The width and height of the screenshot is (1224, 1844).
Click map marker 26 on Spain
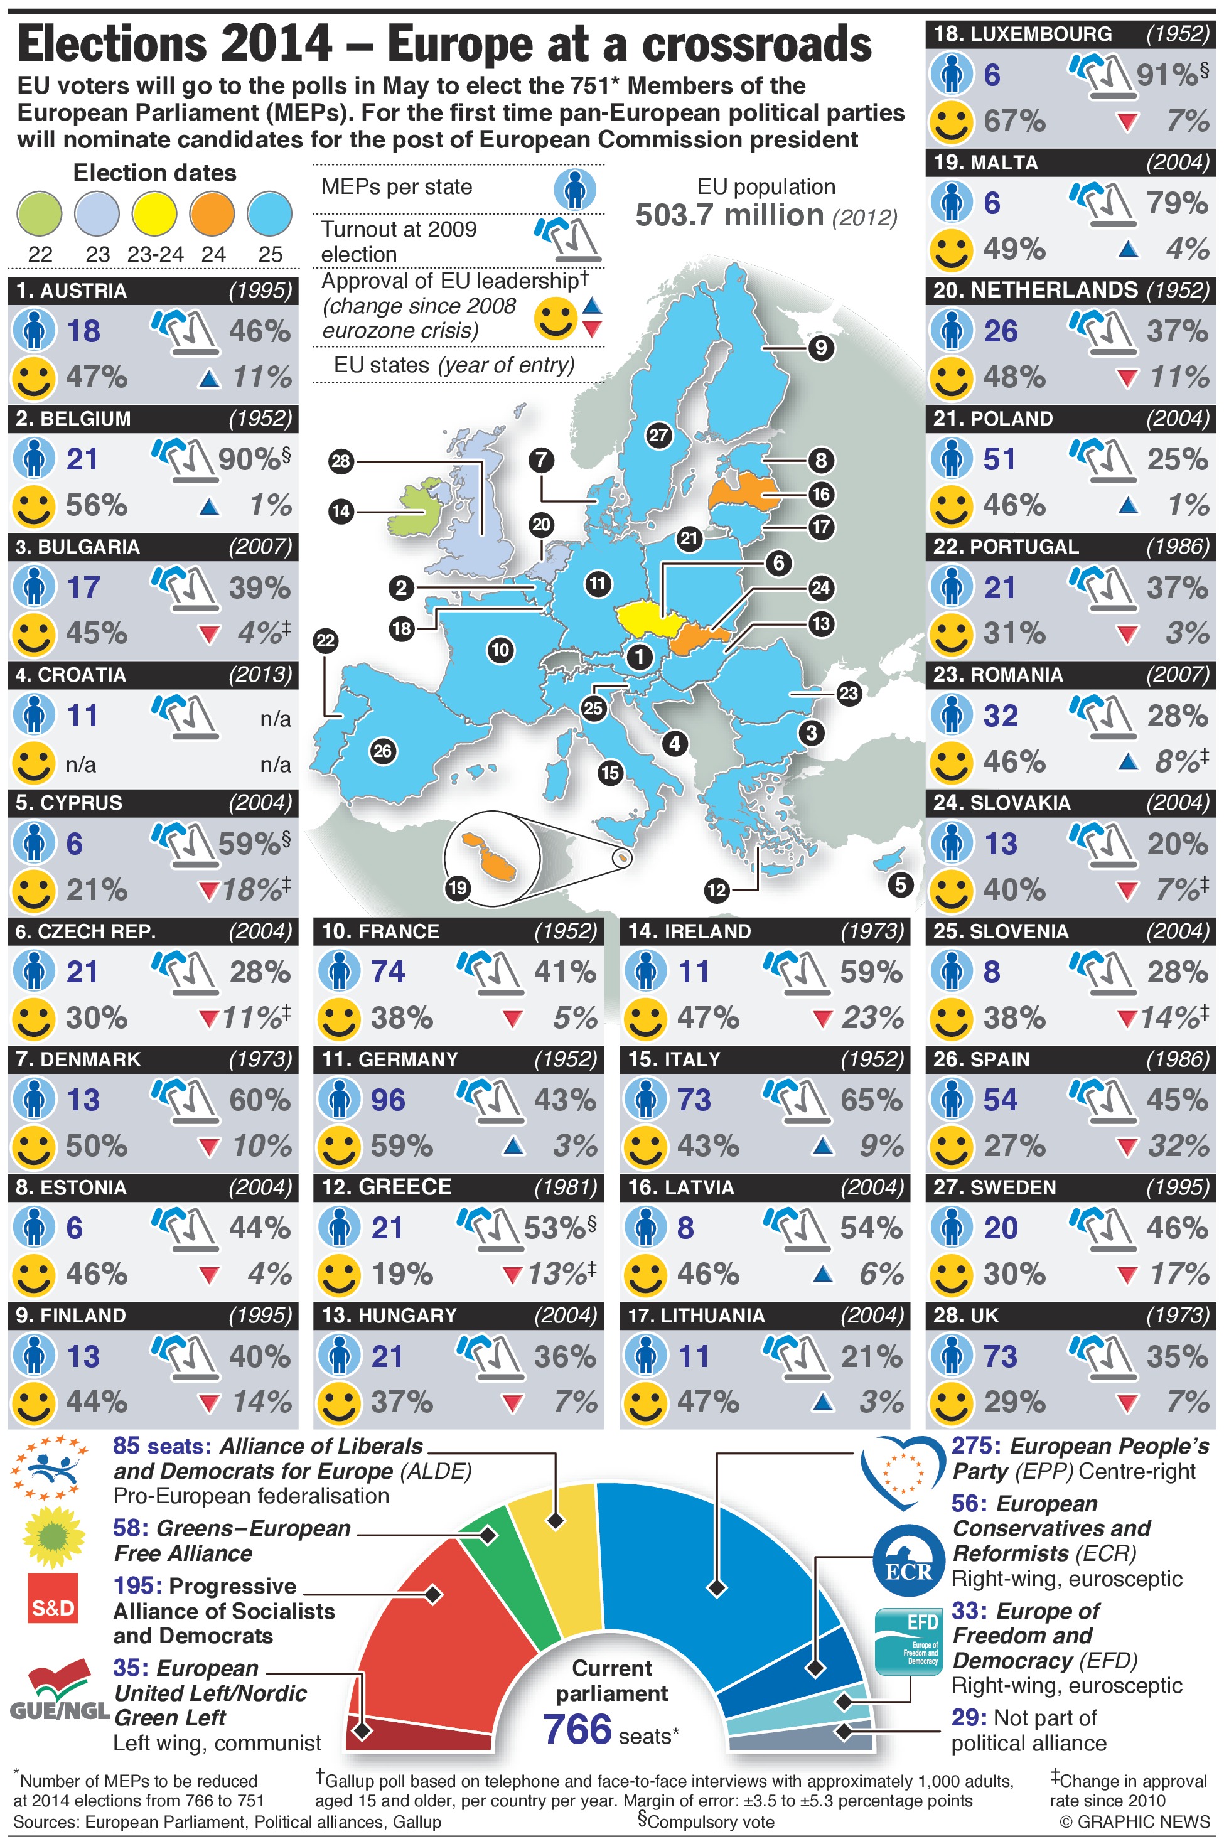point(382,751)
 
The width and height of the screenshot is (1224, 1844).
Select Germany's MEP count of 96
point(387,1100)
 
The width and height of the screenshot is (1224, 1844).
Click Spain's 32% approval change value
point(1178,1145)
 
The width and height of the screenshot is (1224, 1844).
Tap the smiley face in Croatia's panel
point(33,763)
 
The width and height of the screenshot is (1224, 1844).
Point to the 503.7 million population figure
point(730,215)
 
